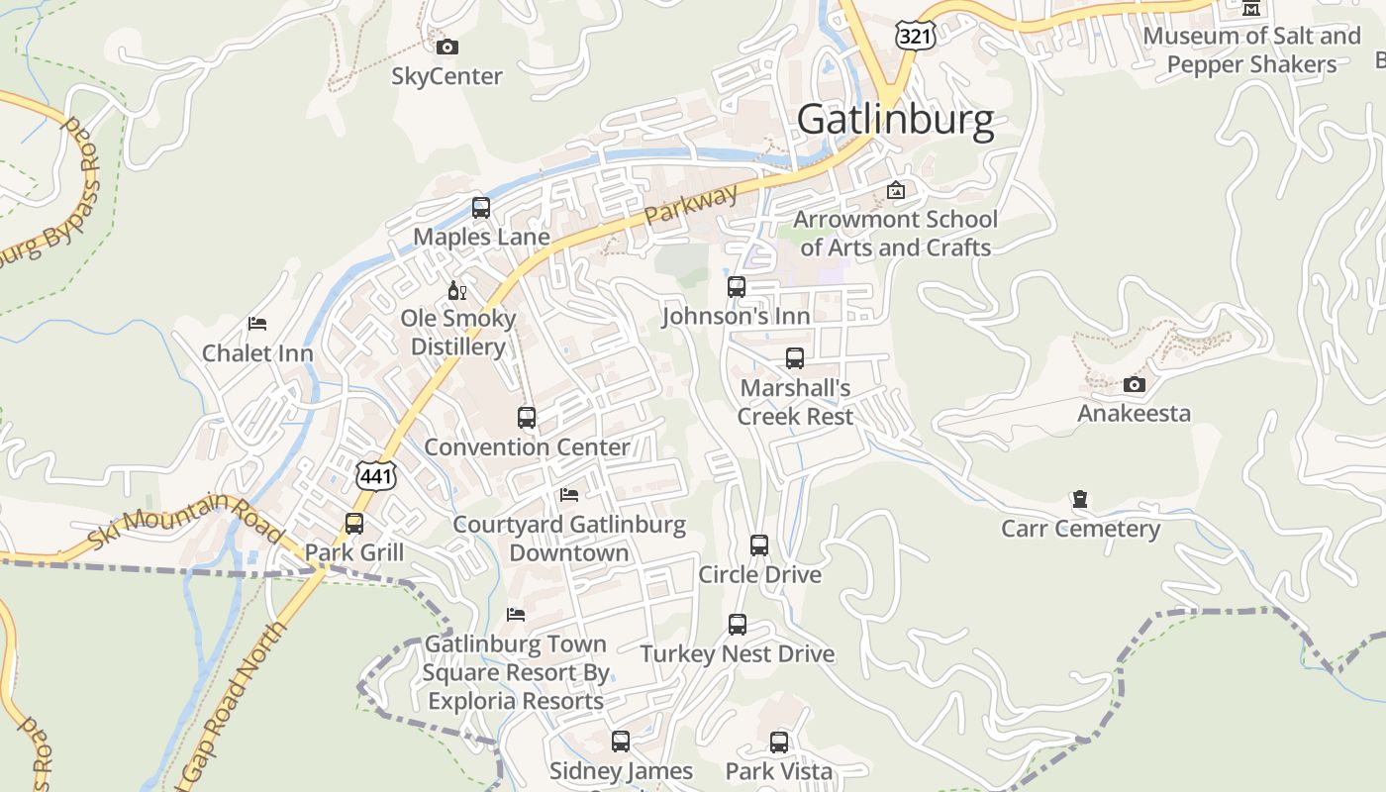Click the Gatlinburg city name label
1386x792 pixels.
[x=895, y=120]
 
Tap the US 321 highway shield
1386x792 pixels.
[x=913, y=36]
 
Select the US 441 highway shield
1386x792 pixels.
[x=377, y=476]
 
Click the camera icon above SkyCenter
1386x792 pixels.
[x=447, y=47]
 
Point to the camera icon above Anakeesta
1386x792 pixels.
[x=1135, y=384]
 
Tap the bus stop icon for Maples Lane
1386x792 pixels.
[x=481, y=208]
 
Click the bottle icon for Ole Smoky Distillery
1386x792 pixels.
[x=457, y=290]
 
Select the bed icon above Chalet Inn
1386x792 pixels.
[x=257, y=324]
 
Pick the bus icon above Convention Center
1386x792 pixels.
[x=527, y=418]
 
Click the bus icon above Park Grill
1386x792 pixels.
[x=354, y=523]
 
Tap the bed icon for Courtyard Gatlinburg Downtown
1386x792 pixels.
[x=569, y=494]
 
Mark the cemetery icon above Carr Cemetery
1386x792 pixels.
[x=1080, y=499]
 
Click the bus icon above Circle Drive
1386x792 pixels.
[x=759, y=545]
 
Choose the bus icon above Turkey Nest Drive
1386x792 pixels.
[x=738, y=625]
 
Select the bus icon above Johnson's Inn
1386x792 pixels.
[x=737, y=287]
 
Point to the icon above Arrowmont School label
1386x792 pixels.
[x=896, y=190]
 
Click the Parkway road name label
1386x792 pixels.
[x=691, y=202]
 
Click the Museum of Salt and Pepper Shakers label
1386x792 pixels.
[x=1252, y=50]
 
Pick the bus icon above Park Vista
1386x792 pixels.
[x=779, y=742]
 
